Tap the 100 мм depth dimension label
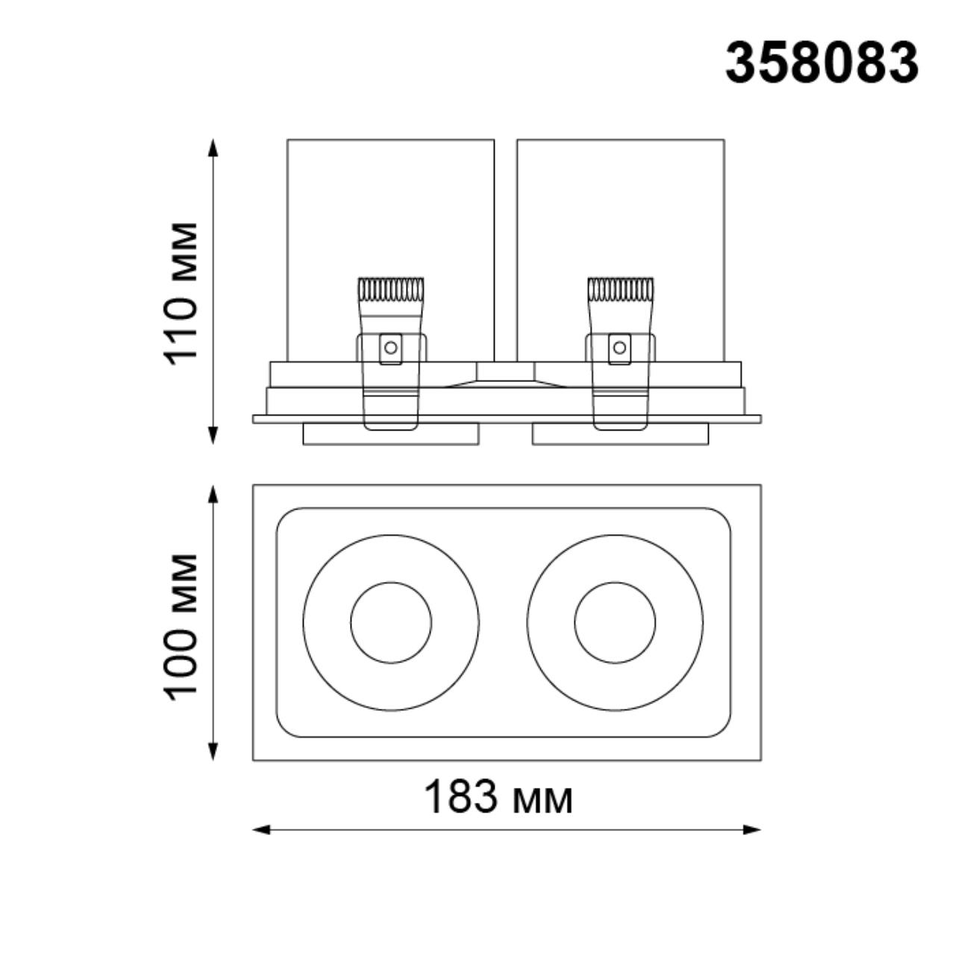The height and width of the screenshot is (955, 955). [x=181, y=626]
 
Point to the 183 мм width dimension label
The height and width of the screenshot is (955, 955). [x=498, y=797]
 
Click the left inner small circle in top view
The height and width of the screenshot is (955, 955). [x=391, y=622]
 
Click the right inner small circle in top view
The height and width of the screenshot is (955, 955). [x=615, y=622]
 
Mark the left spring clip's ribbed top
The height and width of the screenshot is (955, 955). [x=391, y=289]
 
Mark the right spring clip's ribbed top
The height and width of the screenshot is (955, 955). [x=620, y=289]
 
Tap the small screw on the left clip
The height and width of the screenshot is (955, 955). [x=389, y=346]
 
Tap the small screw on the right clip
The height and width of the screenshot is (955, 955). [x=619, y=346]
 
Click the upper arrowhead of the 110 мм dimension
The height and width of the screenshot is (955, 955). [x=213, y=147]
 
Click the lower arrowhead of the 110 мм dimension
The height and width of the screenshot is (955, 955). [x=213, y=436]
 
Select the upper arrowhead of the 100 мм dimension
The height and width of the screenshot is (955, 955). [x=213, y=494]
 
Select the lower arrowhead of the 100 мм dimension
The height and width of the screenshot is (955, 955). [x=213, y=751]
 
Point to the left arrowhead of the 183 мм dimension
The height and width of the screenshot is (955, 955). [x=261, y=829]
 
